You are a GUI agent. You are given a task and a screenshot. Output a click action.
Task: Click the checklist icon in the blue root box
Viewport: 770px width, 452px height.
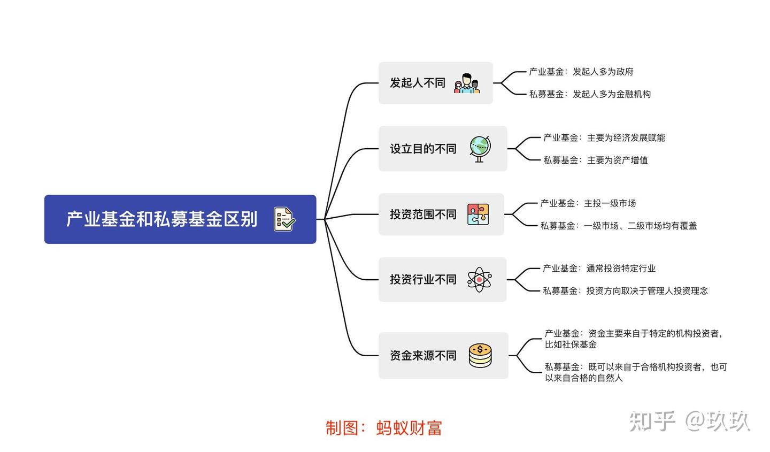click(x=284, y=219)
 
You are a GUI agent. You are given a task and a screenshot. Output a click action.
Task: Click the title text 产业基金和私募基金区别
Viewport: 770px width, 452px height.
click(x=162, y=219)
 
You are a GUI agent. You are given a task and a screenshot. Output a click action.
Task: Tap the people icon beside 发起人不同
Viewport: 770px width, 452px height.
click(x=466, y=83)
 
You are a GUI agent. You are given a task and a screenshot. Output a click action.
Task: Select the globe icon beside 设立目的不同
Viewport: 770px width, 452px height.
click(x=480, y=149)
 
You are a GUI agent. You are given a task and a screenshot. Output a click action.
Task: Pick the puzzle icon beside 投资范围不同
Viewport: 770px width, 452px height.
click(x=478, y=214)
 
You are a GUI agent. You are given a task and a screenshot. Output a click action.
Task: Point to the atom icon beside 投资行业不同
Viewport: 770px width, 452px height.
click(x=479, y=280)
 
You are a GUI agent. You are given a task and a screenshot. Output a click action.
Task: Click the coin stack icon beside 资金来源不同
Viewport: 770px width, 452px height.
click(x=480, y=356)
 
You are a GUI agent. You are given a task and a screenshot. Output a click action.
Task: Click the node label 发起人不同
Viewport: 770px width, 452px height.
click(x=418, y=83)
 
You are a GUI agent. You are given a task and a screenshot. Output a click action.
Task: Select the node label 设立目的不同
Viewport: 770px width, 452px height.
click(x=423, y=149)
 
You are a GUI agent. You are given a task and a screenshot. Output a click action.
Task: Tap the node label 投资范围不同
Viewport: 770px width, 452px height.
click(x=423, y=214)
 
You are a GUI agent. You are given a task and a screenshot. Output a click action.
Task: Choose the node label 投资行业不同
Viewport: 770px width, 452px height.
click(x=423, y=280)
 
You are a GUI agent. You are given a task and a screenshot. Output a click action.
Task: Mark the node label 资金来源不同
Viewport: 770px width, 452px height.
click(x=423, y=356)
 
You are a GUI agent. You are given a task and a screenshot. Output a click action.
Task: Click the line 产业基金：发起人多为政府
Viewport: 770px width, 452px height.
click(x=581, y=72)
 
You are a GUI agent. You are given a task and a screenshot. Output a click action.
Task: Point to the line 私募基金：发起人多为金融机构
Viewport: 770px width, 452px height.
click(x=590, y=94)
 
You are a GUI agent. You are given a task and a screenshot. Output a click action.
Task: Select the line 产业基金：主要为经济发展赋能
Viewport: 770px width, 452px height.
click(x=604, y=138)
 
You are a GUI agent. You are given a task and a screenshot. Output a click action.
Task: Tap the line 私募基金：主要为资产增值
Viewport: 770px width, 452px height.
click(x=596, y=160)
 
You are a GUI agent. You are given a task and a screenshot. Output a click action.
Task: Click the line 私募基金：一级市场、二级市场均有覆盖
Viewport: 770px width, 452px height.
click(x=619, y=226)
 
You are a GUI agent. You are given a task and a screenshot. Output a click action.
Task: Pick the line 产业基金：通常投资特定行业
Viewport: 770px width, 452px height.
click(x=599, y=269)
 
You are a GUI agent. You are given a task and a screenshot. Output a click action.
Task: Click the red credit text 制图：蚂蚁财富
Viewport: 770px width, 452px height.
click(x=384, y=428)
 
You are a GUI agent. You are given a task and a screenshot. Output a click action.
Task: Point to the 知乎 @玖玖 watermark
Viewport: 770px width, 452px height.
click(x=690, y=421)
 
